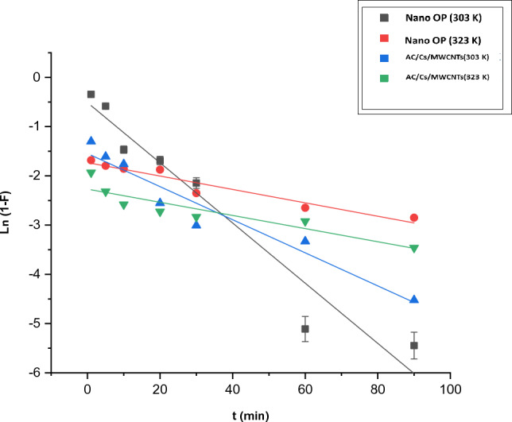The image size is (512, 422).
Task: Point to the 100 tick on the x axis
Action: click(x=450, y=390)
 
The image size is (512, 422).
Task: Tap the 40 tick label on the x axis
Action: click(x=232, y=390)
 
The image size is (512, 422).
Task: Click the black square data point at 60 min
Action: click(x=304, y=329)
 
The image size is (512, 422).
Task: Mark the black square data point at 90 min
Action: click(x=413, y=345)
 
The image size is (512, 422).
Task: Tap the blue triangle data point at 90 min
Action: click(x=413, y=300)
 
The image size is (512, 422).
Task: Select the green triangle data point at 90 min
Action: click(x=413, y=249)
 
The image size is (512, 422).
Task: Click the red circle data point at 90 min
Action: click(x=413, y=218)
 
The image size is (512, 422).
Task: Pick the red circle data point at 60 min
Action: click(x=304, y=207)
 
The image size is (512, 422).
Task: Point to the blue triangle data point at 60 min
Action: click(x=304, y=240)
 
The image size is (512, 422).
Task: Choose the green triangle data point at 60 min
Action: click(x=304, y=223)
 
